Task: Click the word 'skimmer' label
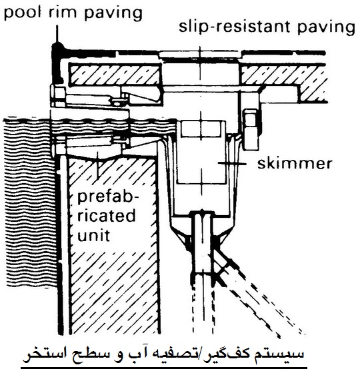coord(295,164)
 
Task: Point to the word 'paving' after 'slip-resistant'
coord(326,27)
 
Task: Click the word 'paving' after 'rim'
coord(113,13)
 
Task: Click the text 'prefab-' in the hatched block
coord(108,198)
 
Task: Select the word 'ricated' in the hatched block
coord(106,216)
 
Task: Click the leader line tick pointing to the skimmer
coord(232,164)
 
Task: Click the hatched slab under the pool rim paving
coord(115,74)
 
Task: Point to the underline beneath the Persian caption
coord(164,368)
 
